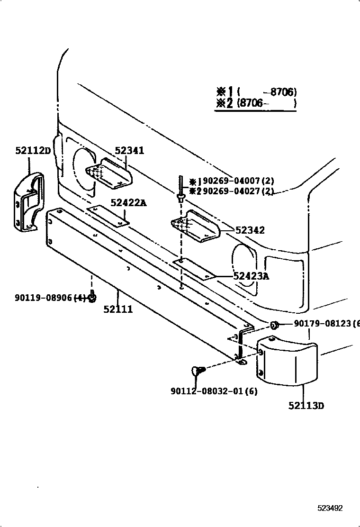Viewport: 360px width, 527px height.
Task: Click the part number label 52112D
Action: point(33,150)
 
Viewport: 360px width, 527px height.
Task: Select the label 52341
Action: point(130,150)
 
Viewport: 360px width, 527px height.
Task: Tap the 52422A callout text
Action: point(129,203)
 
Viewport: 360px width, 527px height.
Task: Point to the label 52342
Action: point(250,230)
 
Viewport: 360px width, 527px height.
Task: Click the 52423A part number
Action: point(251,276)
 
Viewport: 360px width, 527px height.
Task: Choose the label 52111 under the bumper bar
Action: point(118,309)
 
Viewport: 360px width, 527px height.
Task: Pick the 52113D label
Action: point(306,406)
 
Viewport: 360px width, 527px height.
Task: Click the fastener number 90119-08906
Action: point(44,298)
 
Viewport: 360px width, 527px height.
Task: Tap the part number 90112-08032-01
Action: point(207,391)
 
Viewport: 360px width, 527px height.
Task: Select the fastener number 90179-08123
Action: point(323,323)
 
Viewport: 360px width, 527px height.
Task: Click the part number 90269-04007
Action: point(231,181)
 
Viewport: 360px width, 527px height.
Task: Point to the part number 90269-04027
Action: point(231,191)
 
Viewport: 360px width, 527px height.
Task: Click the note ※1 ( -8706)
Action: point(256,92)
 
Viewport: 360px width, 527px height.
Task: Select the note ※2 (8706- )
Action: point(256,102)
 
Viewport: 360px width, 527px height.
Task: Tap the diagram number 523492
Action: point(330,508)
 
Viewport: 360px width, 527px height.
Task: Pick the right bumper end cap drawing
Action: point(286,361)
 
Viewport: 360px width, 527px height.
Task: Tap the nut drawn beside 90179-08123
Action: point(274,325)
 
